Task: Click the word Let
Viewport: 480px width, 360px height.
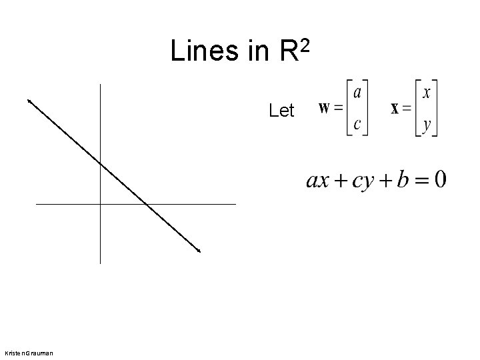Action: pyautogui.click(x=281, y=111)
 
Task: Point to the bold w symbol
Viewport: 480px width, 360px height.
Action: pyautogui.click(x=326, y=107)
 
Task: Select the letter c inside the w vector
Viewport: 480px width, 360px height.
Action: pyautogui.click(x=357, y=123)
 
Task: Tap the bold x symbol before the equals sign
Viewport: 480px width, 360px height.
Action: pyautogui.click(x=395, y=109)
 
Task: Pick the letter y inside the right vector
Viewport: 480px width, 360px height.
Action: pyautogui.click(x=426, y=124)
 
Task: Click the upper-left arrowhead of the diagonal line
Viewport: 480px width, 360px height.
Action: pyautogui.click(x=29, y=101)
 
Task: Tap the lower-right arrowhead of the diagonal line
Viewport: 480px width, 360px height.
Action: pyautogui.click(x=198, y=251)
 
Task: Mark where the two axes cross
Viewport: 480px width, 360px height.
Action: pyautogui.click(x=99, y=203)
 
